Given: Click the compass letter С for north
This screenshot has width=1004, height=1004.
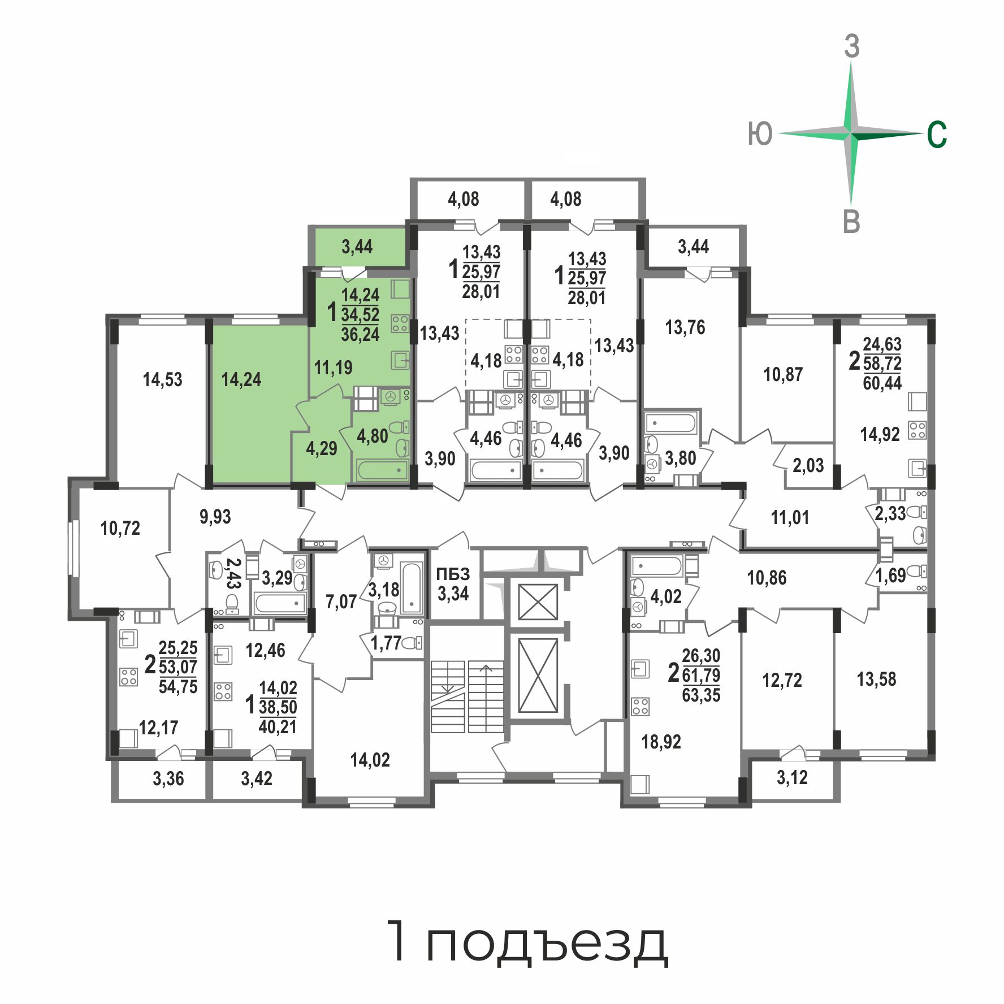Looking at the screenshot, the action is pyautogui.click(x=937, y=135).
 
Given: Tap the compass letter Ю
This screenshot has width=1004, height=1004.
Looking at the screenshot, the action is pyautogui.click(x=760, y=135).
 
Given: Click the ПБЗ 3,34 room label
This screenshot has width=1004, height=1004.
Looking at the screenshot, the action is pyautogui.click(x=453, y=584).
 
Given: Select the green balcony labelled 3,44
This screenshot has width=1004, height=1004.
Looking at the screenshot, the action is pyautogui.click(x=357, y=246).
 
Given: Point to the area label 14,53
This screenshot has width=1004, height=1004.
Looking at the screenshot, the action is pyautogui.click(x=163, y=379).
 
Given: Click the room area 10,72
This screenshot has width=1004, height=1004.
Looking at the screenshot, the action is pyautogui.click(x=120, y=528).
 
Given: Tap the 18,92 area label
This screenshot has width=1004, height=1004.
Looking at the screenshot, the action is pyautogui.click(x=661, y=742).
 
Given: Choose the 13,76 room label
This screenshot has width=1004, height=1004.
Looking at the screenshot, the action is pyautogui.click(x=685, y=327).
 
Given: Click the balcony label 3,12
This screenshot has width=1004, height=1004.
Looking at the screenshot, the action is pyautogui.click(x=792, y=778).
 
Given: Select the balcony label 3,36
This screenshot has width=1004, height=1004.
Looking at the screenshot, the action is pyautogui.click(x=168, y=778).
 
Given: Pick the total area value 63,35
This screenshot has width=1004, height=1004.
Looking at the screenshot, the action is pyautogui.click(x=701, y=695).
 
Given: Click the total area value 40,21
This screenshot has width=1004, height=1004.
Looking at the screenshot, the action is pyautogui.click(x=278, y=726).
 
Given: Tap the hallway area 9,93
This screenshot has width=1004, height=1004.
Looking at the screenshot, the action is pyautogui.click(x=215, y=517).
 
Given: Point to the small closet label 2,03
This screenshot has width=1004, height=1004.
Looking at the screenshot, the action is pyautogui.click(x=808, y=466).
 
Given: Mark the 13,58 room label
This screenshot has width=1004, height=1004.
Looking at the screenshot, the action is pyautogui.click(x=876, y=679).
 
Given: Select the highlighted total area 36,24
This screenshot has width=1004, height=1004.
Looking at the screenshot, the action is pyautogui.click(x=360, y=334).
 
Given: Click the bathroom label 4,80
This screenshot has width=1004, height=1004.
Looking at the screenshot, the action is pyautogui.click(x=373, y=436).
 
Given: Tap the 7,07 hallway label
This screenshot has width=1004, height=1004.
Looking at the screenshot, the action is pyautogui.click(x=341, y=601).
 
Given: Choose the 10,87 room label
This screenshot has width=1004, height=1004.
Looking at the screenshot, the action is pyautogui.click(x=783, y=374).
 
